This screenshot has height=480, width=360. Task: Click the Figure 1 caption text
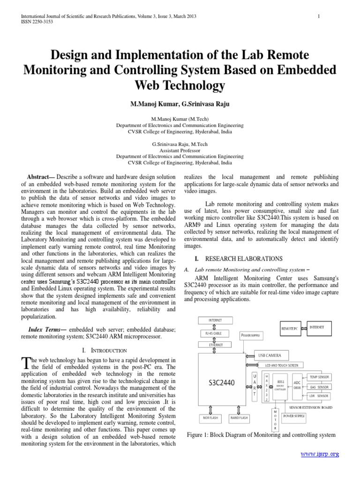point(261,435)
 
